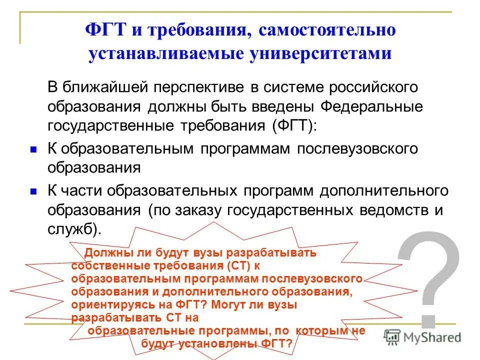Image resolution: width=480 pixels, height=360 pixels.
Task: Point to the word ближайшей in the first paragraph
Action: click(104, 87)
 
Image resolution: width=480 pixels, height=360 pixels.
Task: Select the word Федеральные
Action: click(371, 107)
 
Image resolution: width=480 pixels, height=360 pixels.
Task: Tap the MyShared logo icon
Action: click(392, 336)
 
